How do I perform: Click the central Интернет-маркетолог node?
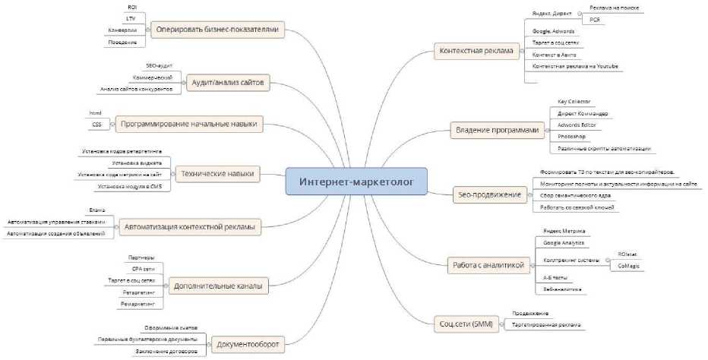[356, 182]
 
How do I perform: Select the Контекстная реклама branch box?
[476, 52]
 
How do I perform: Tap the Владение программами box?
[498, 130]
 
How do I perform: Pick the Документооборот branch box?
[248, 345]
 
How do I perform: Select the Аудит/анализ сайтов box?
[227, 81]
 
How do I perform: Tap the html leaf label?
[96, 112]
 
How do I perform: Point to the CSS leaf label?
[96, 124]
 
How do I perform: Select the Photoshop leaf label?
[571, 137]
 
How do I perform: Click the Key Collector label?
[574, 102]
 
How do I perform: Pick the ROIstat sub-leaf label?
[628, 254]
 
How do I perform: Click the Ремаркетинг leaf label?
[137, 304]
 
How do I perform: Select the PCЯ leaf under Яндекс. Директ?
[594, 18]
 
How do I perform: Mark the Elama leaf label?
[96, 210]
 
